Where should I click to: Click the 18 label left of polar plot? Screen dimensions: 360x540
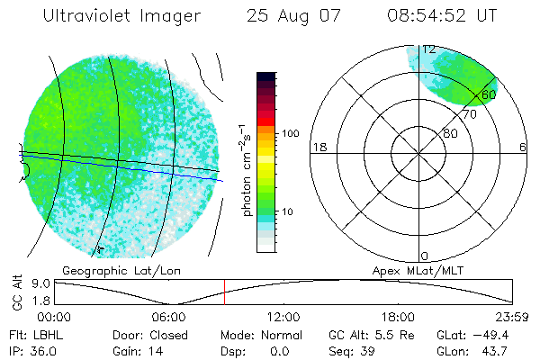coord(318,147)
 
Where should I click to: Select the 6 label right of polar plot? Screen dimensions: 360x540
coord(523,147)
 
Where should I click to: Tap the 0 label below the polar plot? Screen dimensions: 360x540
coord(424,256)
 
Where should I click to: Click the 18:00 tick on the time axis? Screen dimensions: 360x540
coord(399,317)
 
